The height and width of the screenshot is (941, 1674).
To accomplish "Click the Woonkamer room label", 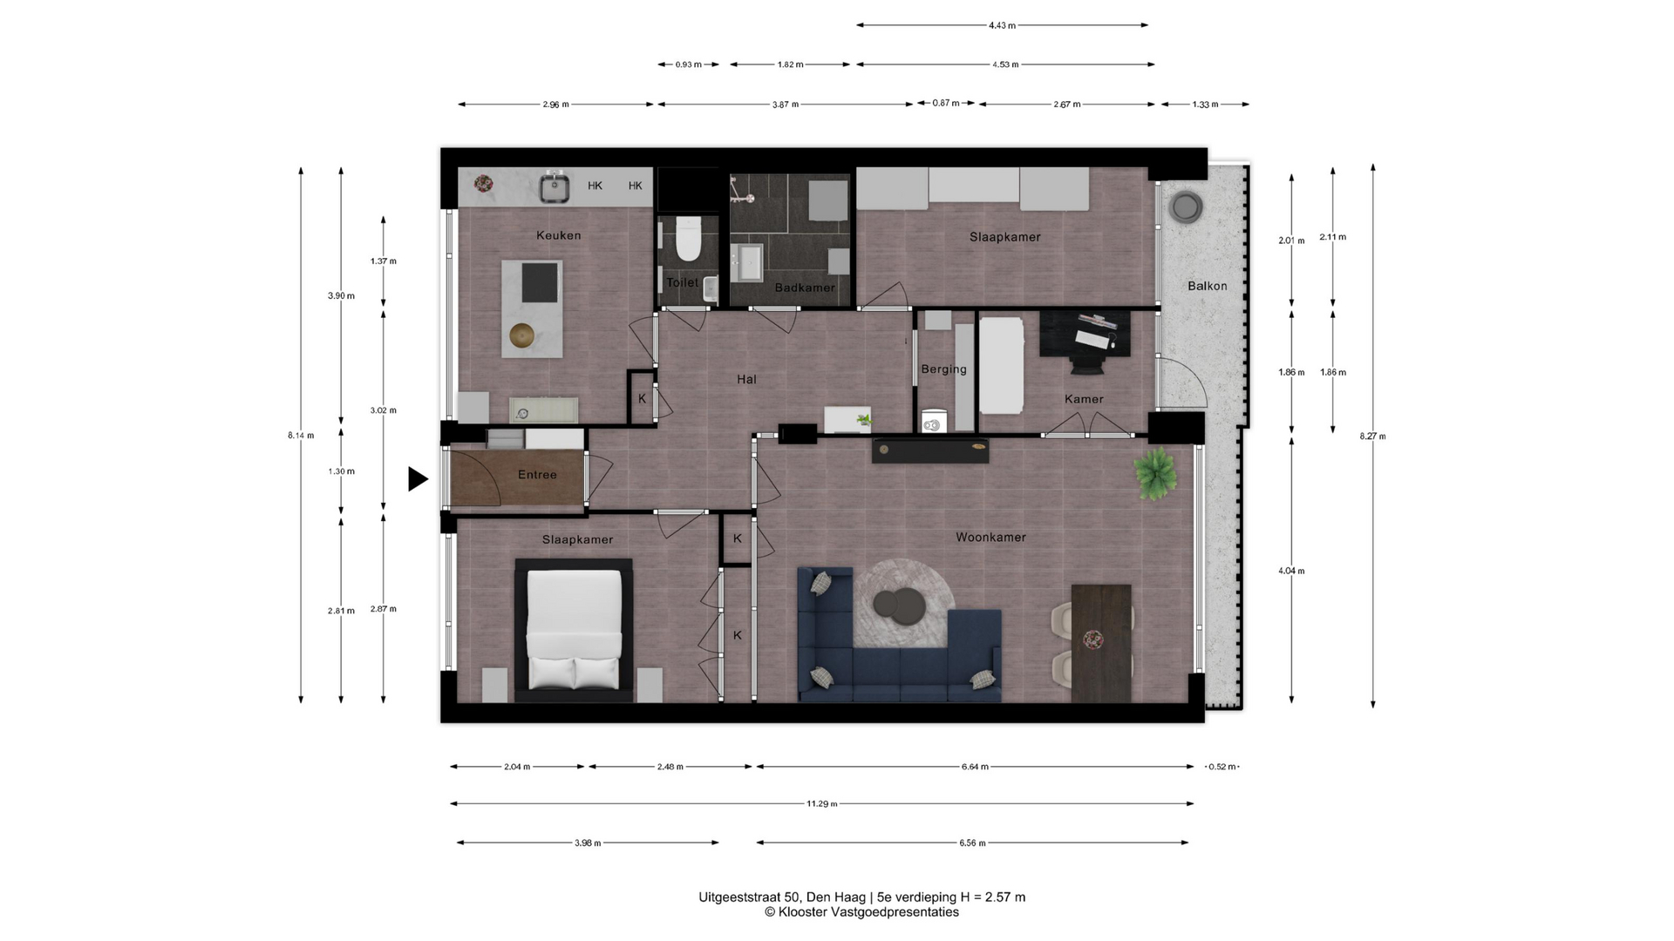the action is point(990,538).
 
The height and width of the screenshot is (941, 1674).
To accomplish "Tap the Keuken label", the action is point(559,235).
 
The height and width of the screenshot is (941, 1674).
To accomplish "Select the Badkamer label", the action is point(805,288).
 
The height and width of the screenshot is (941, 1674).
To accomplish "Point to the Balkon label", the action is point(1207,286).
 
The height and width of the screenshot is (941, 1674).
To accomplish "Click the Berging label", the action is point(944,369).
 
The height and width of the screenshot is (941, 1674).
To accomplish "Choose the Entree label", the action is point(537,475).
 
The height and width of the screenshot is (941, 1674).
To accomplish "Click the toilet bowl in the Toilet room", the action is point(689,240).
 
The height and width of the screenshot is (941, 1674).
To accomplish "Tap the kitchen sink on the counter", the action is point(555,187).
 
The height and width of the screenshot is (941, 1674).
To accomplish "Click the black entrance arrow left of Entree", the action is point(418,478).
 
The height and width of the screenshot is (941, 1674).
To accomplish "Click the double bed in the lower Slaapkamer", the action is point(574,630).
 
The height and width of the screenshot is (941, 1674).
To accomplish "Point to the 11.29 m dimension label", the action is point(821,804).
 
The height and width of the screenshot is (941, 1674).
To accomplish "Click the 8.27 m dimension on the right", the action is point(1372,437).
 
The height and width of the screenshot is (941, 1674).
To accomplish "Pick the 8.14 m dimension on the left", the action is point(301,436).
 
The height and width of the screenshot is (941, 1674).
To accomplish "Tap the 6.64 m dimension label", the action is point(975,768).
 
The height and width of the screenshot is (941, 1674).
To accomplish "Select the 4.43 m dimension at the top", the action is point(1002,26).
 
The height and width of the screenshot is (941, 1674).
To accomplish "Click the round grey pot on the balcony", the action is point(1186,207).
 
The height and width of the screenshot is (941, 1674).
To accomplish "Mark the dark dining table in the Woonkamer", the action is point(1101,643).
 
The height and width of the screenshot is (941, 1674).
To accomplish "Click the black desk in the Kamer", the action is point(1085,334).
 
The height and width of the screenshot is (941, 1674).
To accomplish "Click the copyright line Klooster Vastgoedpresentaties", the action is point(861,912).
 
